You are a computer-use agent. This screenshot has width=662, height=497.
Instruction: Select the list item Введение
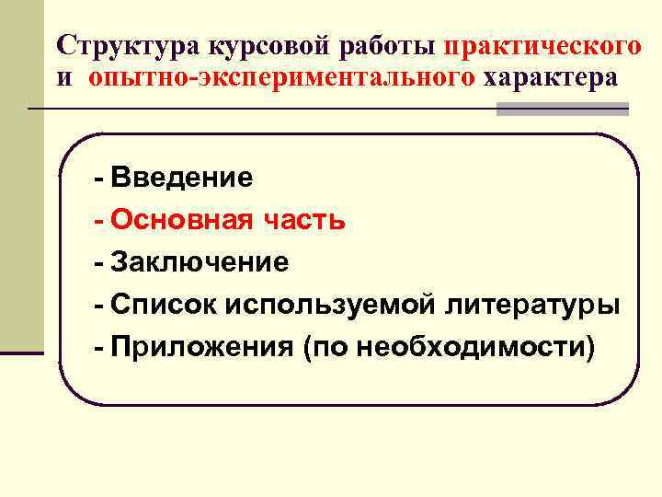pos(182,178)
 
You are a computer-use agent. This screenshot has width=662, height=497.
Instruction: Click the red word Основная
pos(177,220)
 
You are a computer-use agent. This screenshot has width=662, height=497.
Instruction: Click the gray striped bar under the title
pos(563,110)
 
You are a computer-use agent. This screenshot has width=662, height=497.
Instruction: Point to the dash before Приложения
pos(98,348)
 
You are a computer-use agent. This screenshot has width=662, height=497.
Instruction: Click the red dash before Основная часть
pos(98,221)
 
